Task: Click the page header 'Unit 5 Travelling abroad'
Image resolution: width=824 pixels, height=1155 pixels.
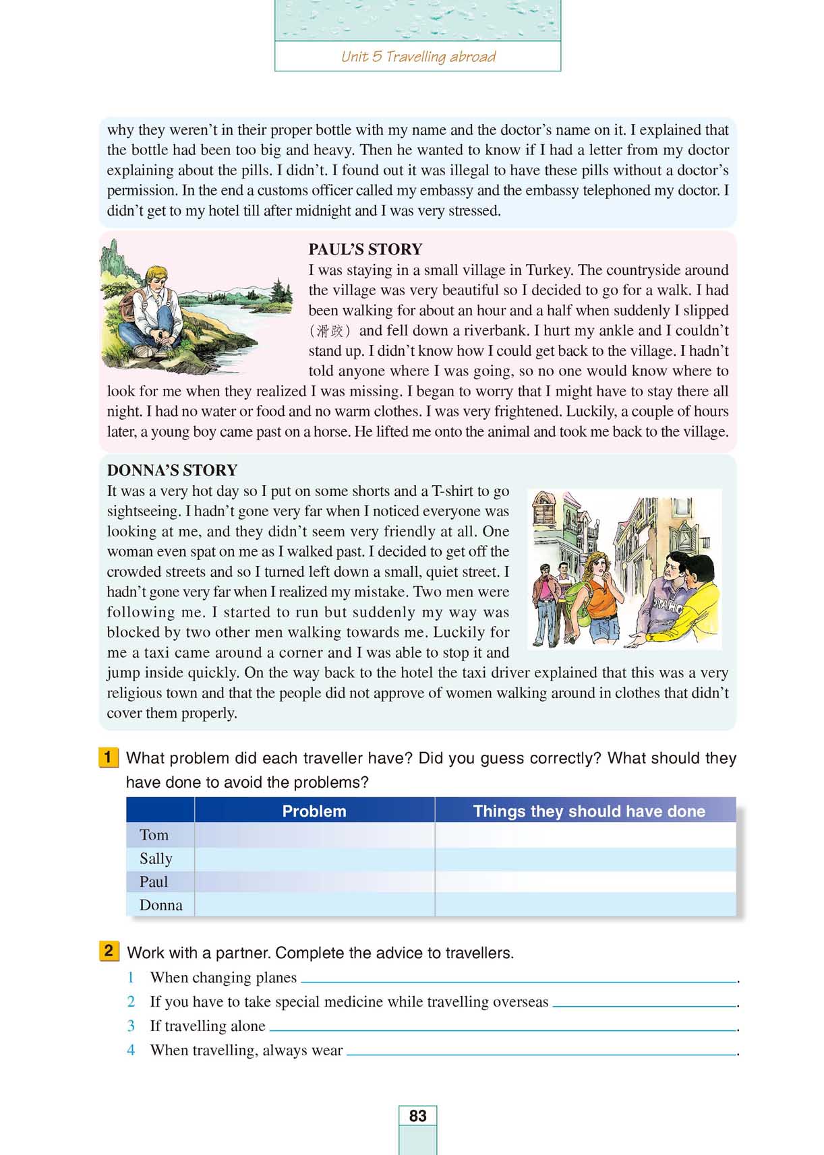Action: pyautogui.click(x=418, y=57)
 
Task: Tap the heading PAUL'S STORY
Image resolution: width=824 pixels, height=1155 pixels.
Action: pyautogui.click(x=365, y=249)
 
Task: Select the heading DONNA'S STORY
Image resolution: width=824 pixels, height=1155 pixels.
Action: pyautogui.click(x=172, y=470)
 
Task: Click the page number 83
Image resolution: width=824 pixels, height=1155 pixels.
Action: pyautogui.click(x=417, y=1116)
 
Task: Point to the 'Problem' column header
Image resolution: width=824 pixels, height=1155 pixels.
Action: pyautogui.click(x=314, y=811)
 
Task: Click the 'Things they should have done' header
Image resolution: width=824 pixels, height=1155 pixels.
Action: pyautogui.click(x=589, y=811)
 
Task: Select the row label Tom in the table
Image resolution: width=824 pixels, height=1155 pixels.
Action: pyautogui.click(x=154, y=836)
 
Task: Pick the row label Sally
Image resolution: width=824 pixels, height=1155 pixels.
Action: pyautogui.click(x=156, y=859)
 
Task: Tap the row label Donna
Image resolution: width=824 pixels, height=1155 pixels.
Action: pyautogui.click(x=160, y=905)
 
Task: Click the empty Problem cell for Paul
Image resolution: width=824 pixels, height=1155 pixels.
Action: pyautogui.click(x=314, y=882)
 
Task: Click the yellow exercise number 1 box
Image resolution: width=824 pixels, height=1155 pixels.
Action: pyautogui.click(x=108, y=757)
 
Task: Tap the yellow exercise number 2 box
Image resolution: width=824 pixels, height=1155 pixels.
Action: pyautogui.click(x=108, y=951)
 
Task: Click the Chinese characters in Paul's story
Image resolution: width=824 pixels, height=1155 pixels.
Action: pyautogui.click(x=330, y=331)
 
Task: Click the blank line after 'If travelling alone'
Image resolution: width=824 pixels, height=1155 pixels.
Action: pyautogui.click(x=502, y=1028)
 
